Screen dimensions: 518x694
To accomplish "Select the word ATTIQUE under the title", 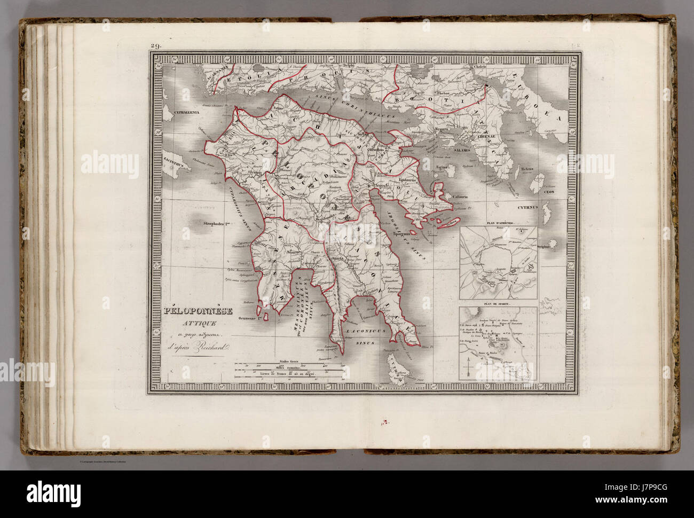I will click(198, 324).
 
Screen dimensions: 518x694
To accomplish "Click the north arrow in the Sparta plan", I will click(469, 368).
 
